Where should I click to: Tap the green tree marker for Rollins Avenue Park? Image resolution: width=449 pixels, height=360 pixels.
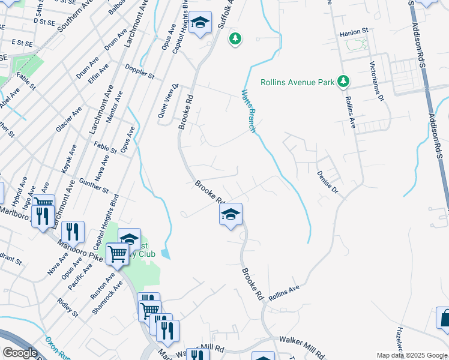(x=343, y=81)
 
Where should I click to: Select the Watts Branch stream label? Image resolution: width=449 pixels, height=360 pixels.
(x=249, y=111)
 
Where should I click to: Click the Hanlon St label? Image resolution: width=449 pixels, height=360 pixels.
(x=354, y=31)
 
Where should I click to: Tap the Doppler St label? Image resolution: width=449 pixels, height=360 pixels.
(x=140, y=72)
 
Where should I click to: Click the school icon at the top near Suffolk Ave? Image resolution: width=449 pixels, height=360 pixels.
(x=200, y=23)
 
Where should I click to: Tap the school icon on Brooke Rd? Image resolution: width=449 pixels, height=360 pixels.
(x=231, y=214)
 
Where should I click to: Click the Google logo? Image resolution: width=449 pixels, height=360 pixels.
(x=20, y=353)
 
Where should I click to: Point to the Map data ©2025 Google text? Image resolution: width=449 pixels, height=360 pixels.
(x=411, y=355)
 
